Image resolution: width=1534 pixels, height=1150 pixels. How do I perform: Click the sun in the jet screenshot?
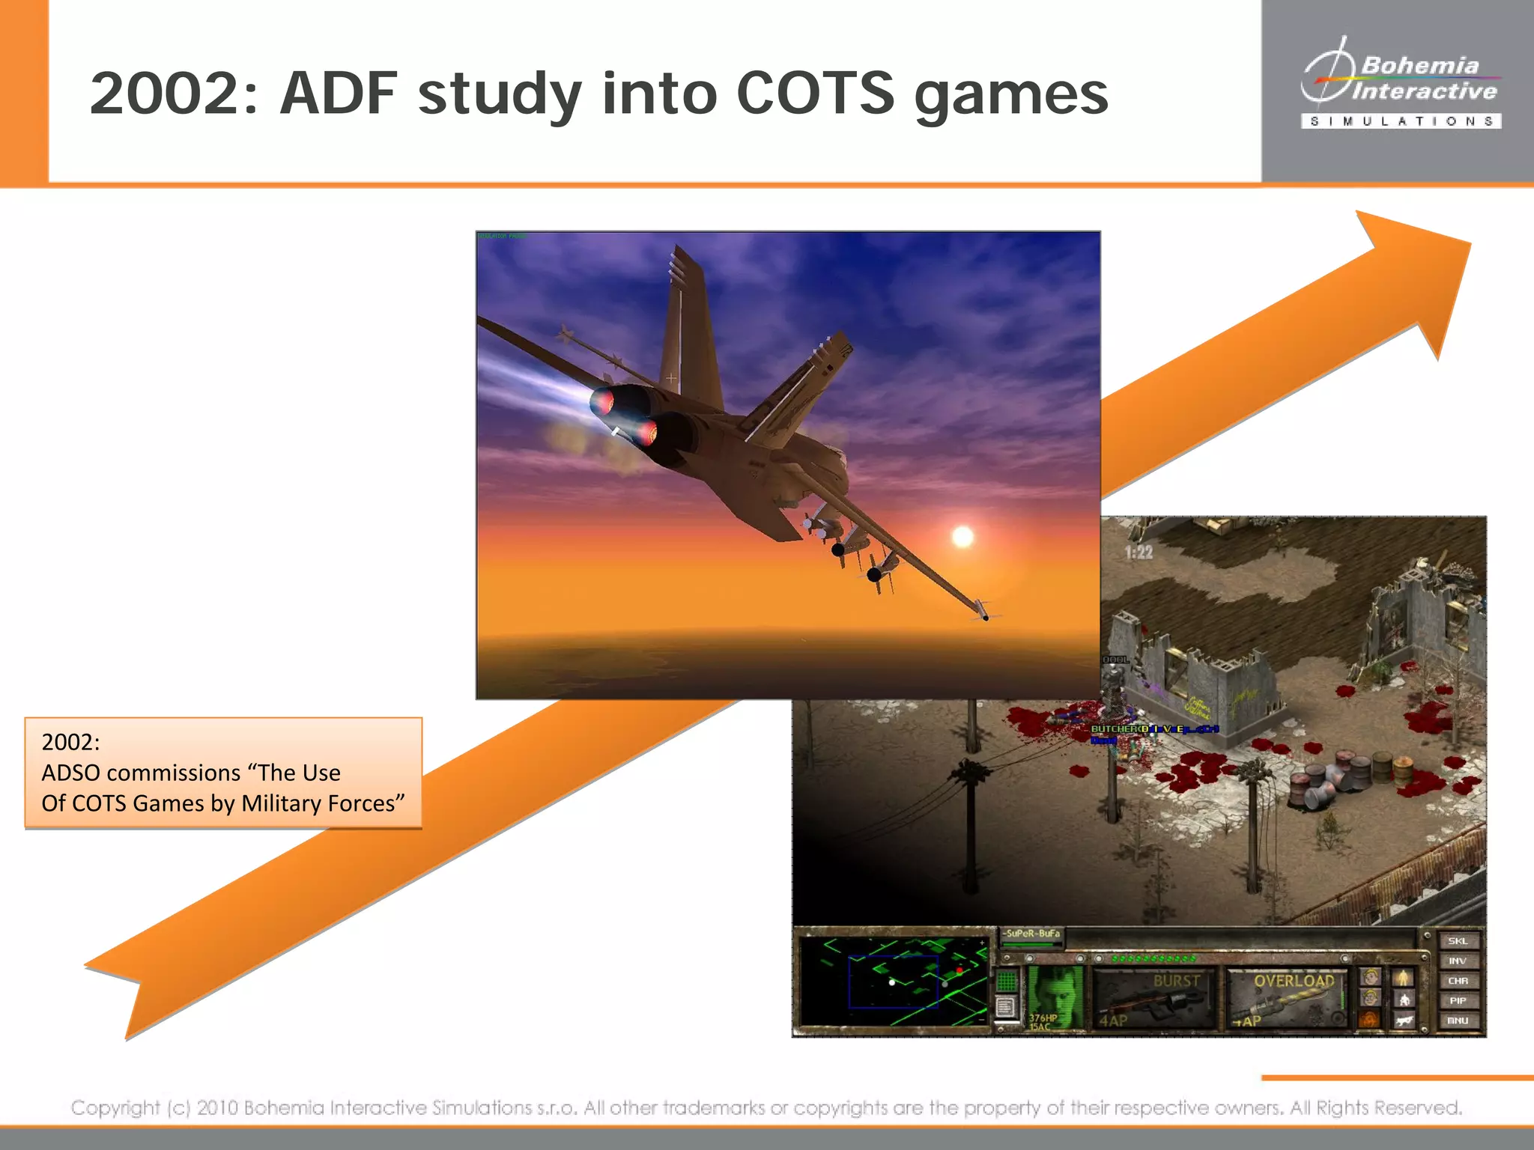(962, 537)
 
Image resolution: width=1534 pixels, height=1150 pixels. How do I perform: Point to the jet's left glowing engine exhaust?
(604, 402)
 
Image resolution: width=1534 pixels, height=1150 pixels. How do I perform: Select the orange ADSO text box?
(223, 773)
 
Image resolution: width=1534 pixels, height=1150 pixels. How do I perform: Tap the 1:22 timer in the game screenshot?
(1139, 553)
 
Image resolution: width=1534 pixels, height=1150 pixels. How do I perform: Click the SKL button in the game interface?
(1457, 941)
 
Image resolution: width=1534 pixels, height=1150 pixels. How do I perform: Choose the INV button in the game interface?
(1457, 961)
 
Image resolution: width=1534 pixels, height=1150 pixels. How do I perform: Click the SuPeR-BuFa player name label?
(1033, 934)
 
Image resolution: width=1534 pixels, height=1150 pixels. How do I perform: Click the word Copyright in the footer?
(115, 1107)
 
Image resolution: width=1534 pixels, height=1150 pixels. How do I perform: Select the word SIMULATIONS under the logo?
(1401, 121)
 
